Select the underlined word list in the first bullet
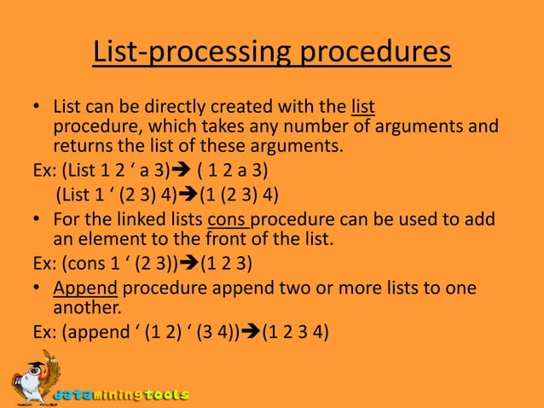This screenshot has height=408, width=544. [363, 108]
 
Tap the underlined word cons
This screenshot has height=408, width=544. [229, 220]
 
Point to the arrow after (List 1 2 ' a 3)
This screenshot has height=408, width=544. [182, 169]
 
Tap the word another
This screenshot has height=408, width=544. [85, 307]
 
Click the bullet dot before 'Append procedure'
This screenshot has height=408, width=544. [38, 289]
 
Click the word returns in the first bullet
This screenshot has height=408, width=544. [83, 145]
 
